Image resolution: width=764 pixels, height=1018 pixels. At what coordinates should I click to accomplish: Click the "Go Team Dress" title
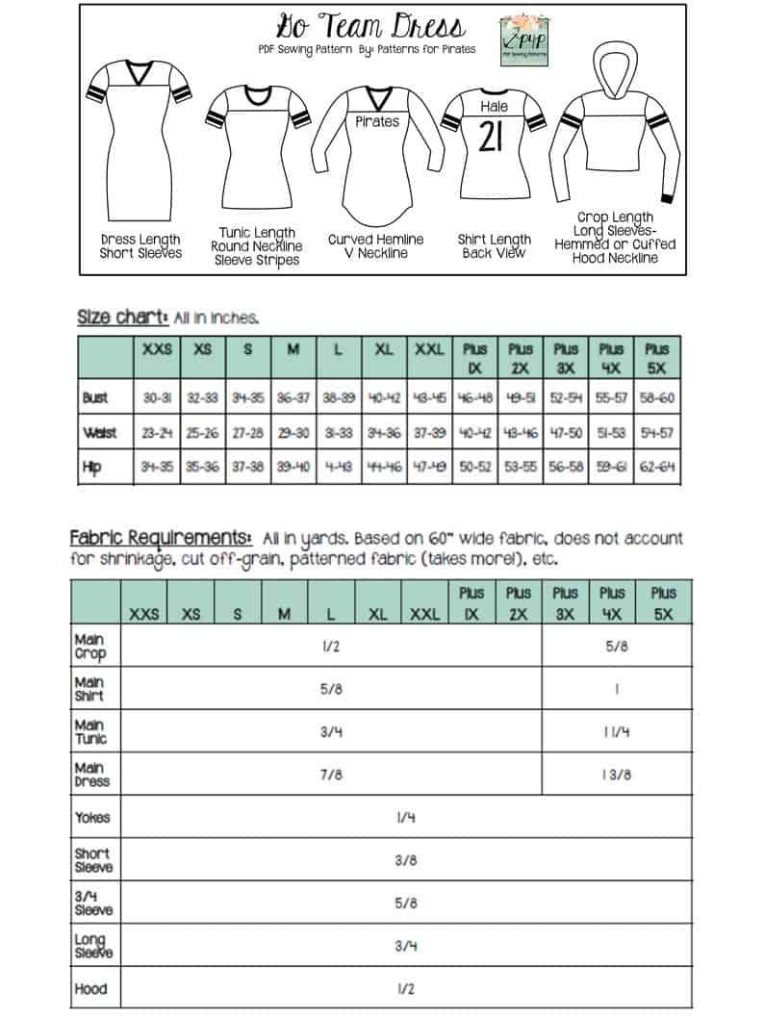(x=370, y=26)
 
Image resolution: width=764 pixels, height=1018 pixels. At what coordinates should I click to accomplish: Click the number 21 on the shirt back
(x=490, y=139)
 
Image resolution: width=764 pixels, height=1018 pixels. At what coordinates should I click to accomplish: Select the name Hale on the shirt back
(x=494, y=107)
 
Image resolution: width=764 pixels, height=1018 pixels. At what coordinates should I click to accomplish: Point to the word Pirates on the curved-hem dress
(x=376, y=122)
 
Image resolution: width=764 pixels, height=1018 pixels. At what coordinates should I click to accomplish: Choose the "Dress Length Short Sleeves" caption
(x=140, y=246)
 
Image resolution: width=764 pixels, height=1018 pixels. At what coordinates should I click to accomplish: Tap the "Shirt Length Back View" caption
(x=495, y=246)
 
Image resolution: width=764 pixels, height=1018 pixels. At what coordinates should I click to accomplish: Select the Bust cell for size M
(x=293, y=397)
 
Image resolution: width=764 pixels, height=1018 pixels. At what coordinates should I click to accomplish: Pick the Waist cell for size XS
(x=202, y=433)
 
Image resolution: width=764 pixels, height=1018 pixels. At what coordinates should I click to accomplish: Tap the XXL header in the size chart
(x=428, y=350)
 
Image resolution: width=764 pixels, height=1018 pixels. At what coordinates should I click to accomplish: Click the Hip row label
(x=93, y=470)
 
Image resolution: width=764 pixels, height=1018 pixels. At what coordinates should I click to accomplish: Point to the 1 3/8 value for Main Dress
(x=616, y=775)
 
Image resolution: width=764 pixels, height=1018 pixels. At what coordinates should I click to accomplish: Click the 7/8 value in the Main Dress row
(x=331, y=775)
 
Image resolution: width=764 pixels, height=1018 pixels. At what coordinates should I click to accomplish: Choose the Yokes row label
(x=92, y=818)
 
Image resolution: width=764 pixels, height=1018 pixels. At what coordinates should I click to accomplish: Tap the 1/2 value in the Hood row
(x=405, y=988)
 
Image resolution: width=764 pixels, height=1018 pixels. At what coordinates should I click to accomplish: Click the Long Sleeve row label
(x=93, y=946)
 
